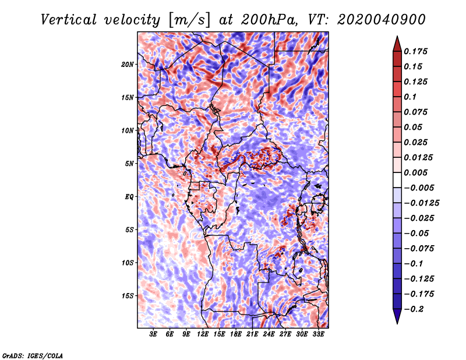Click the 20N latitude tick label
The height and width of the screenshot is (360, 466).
pos(128,64)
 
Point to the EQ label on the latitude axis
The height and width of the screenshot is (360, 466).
pos(129,197)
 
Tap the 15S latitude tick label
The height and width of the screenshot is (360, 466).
pos(128,296)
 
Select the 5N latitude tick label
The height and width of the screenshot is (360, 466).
pos(129,164)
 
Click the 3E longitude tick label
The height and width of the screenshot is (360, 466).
pos(153,335)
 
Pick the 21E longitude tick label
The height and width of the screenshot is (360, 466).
pos(252,335)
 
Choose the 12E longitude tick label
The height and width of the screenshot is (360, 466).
pos(203,335)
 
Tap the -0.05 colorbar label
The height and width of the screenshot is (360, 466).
pos(418,233)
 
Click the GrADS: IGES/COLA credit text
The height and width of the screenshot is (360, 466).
pos(32,355)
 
